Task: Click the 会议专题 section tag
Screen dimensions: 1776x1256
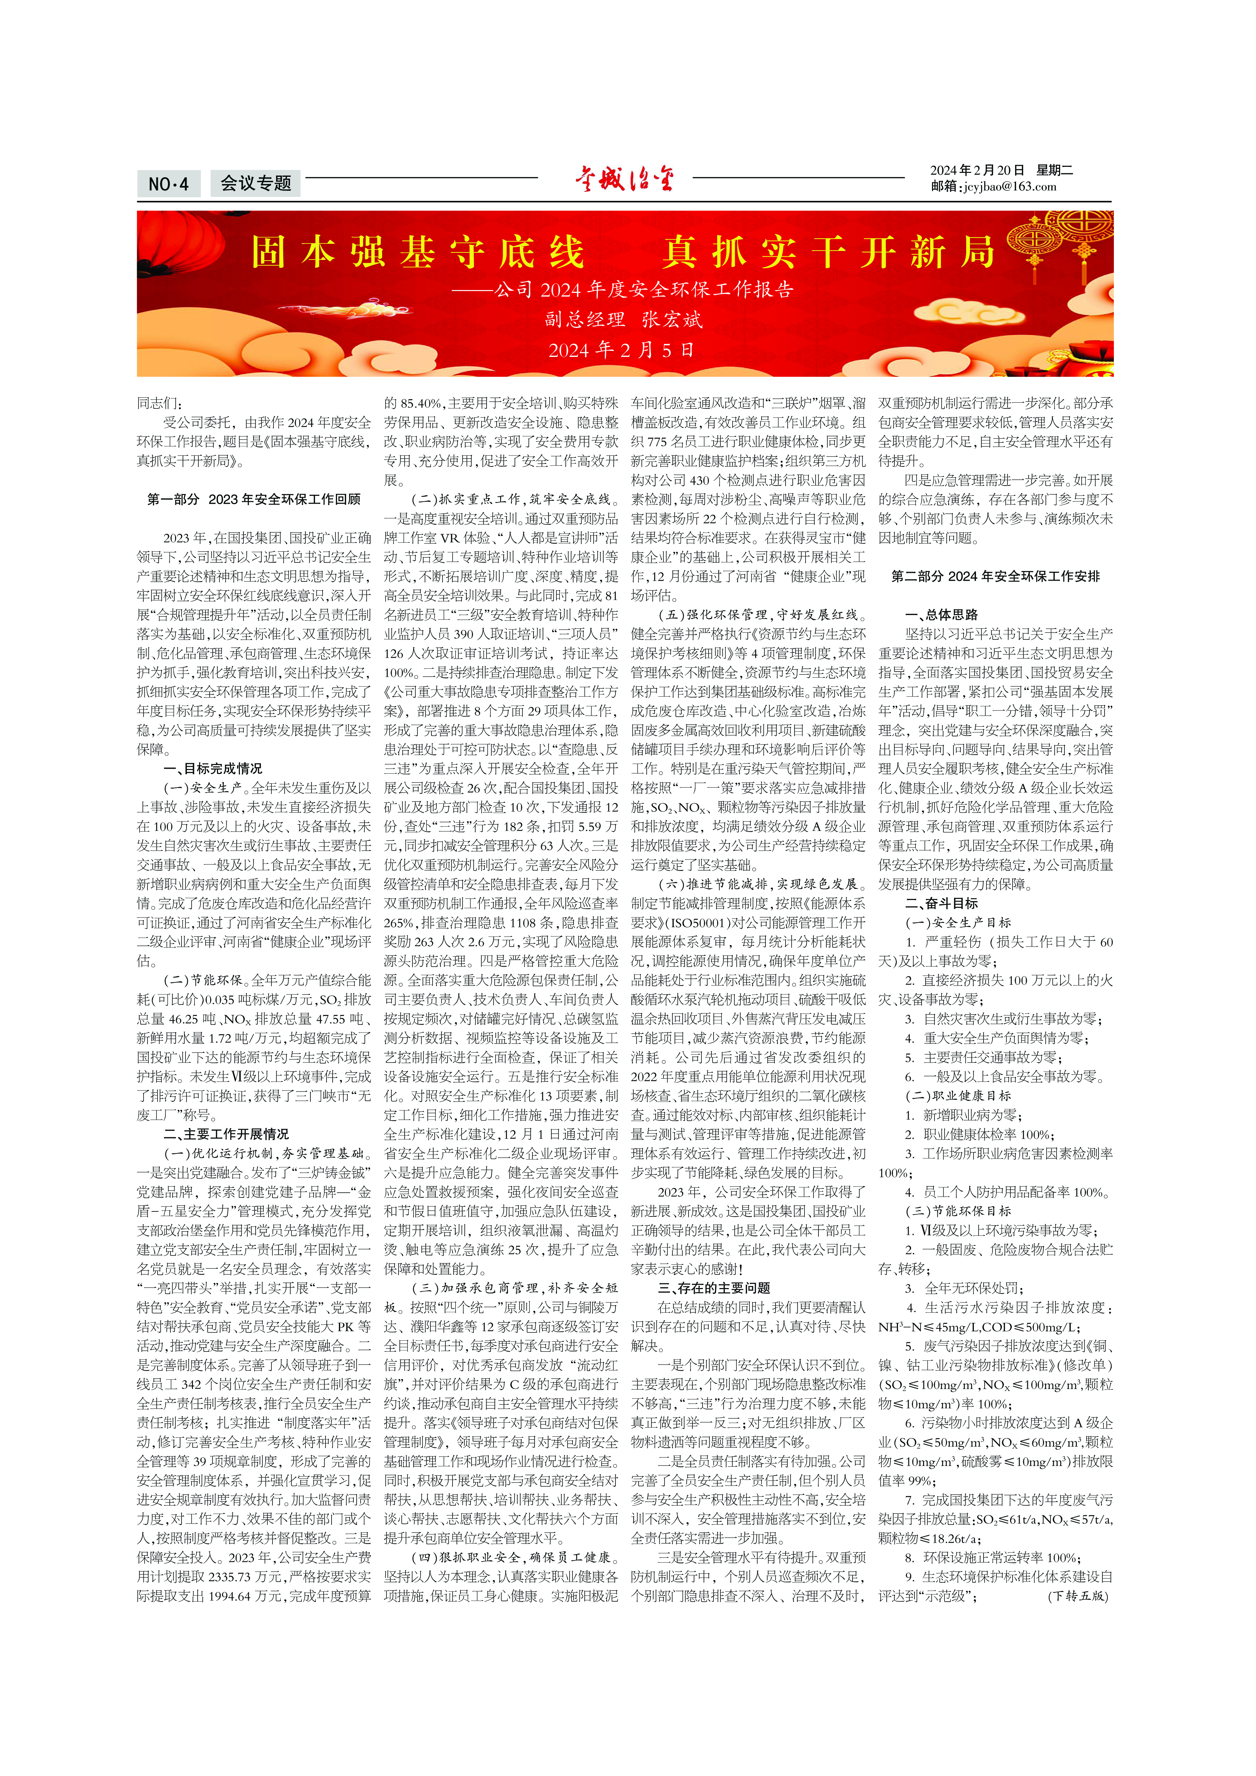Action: click(x=255, y=183)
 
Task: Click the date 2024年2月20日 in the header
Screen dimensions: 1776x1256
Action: click(x=977, y=170)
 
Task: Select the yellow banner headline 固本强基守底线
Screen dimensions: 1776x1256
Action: click(x=417, y=252)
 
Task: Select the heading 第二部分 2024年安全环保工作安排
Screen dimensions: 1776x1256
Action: click(x=995, y=576)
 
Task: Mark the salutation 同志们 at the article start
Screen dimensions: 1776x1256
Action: click(x=160, y=403)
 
